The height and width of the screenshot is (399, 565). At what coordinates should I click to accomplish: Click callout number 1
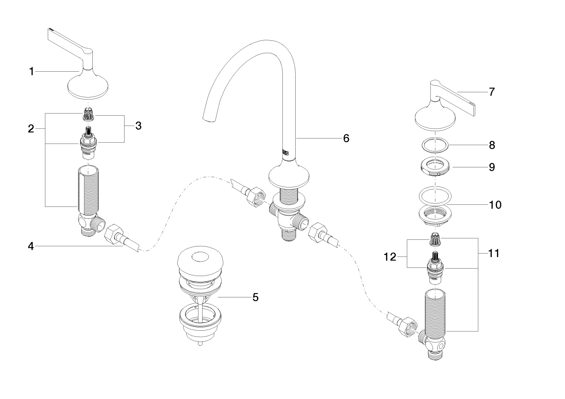coord(32,71)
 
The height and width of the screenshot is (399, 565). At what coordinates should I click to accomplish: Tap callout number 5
coord(255,297)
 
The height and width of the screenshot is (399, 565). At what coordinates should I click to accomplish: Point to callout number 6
coord(346,138)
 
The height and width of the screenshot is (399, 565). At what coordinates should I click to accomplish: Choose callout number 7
coord(491,92)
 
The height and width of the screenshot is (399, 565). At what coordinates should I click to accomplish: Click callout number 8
coord(492,145)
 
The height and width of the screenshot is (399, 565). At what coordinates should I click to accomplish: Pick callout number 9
coord(492,167)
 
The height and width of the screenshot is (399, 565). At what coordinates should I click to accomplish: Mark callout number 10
coord(495,204)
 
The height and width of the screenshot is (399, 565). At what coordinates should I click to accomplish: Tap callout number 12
coord(390,257)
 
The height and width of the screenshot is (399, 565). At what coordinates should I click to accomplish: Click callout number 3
coord(138,126)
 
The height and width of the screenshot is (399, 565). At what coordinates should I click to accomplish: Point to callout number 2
coord(31,129)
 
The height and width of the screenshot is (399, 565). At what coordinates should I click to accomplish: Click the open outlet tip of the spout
coord(209,118)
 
